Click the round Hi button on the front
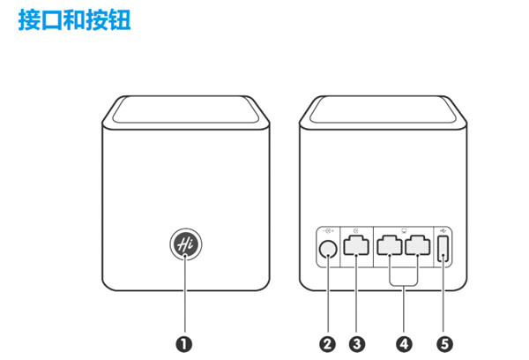[184, 244]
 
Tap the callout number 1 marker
[184, 343]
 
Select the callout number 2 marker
[328, 343]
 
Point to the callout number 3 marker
[357, 343]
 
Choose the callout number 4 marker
[405, 343]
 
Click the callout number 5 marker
[443, 343]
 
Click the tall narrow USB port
[443, 251]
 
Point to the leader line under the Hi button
[184, 300]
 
